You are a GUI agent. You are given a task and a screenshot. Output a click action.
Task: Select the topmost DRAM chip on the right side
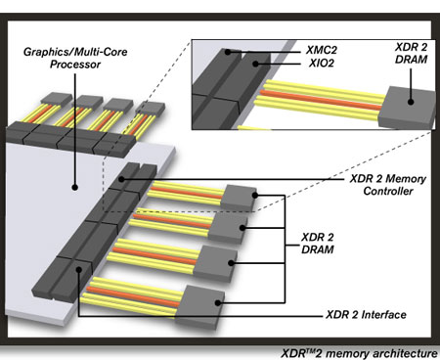click(241, 197)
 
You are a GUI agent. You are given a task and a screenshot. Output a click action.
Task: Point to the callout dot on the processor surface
click(77, 183)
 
